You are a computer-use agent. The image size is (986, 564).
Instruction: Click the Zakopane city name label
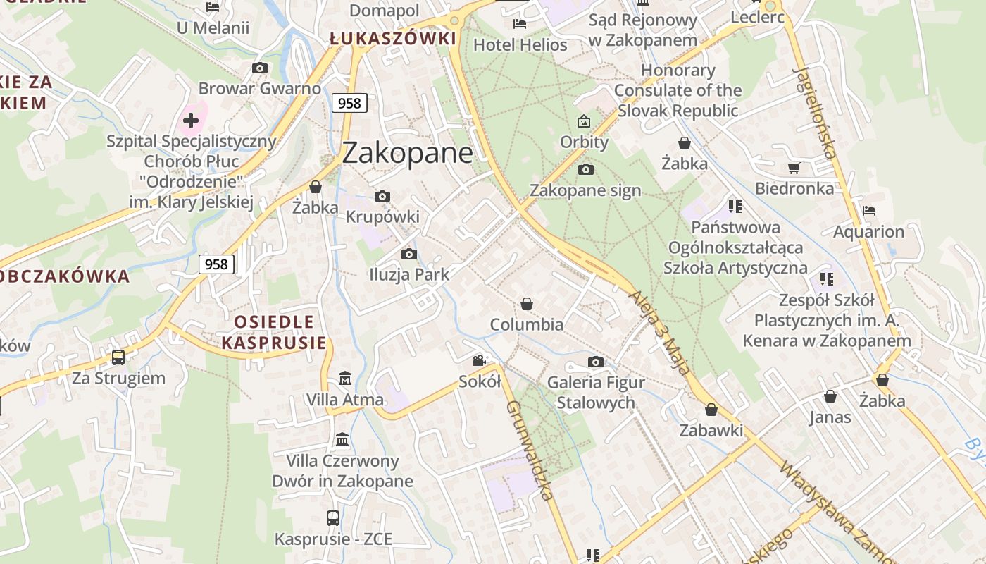pyautogui.click(x=407, y=153)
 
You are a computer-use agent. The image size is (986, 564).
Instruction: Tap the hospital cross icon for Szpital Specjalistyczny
pyautogui.click(x=190, y=121)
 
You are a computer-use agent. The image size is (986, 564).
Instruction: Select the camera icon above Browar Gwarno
pyautogui.click(x=260, y=68)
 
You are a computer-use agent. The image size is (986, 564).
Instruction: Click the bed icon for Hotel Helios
pyautogui.click(x=520, y=24)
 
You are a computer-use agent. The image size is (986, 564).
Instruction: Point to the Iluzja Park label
pyautogui.click(x=408, y=275)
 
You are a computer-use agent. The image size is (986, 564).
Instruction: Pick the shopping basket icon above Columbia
pyautogui.click(x=526, y=304)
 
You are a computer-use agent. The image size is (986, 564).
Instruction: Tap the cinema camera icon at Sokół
pyautogui.click(x=480, y=361)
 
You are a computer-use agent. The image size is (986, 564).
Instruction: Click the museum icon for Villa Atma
pyautogui.click(x=345, y=379)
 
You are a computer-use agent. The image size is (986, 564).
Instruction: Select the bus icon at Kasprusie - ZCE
pyautogui.click(x=333, y=518)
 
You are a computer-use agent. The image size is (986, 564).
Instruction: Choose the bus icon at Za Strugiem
pyautogui.click(x=118, y=357)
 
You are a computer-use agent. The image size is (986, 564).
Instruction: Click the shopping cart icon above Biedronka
pyautogui.click(x=794, y=168)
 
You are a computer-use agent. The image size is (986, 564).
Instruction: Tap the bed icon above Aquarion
pyautogui.click(x=869, y=211)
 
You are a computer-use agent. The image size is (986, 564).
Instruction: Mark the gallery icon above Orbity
pyautogui.click(x=584, y=121)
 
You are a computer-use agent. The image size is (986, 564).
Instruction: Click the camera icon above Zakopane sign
pyautogui.click(x=585, y=169)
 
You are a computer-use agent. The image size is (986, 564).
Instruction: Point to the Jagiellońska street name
pyautogui.click(x=815, y=113)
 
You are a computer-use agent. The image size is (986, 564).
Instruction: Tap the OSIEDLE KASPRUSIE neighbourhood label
pyautogui.click(x=274, y=333)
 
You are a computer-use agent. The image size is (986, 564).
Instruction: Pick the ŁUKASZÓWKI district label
pyautogui.click(x=393, y=39)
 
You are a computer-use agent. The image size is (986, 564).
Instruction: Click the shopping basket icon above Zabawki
pyautogui.click(x=711, y=410)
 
